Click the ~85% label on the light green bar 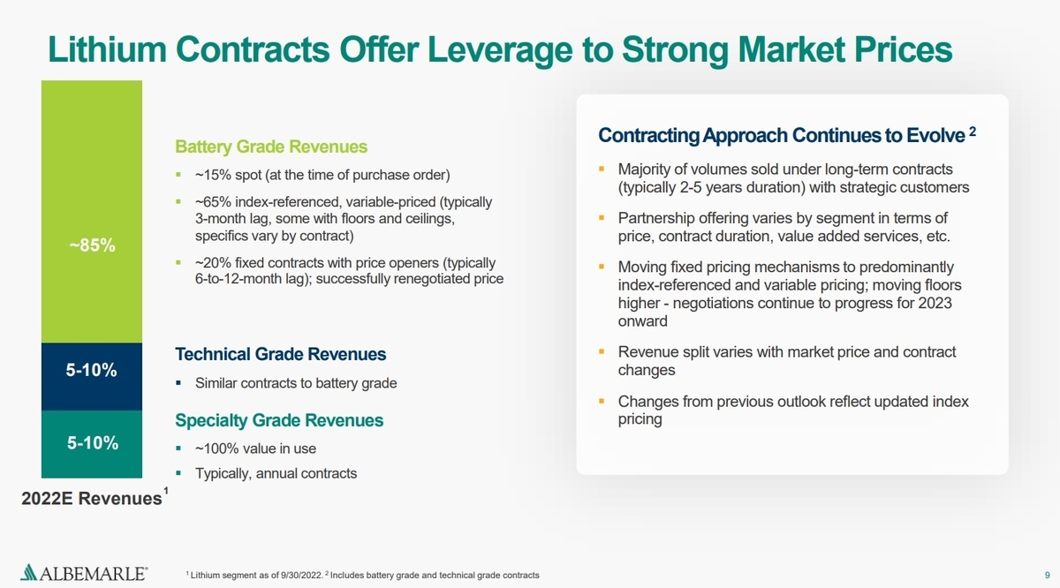tap(92, 245)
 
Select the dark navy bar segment tap(92, 376)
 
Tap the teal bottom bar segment tap(92, 444)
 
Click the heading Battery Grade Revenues tap(271, 147)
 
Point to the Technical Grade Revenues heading tap(281, 354)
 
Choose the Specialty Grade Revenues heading tap(279, 420)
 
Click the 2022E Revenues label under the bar tap(92, 498)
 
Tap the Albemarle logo tap(84, 572)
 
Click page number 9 tap(1048, 576)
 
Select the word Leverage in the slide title tap(500, 49)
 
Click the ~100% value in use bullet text tap(255, 449)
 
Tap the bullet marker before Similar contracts tap(178, 382)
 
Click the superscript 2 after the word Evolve tap(973, 131)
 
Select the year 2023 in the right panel tap(935, 303)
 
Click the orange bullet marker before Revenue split tap(602, 351)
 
